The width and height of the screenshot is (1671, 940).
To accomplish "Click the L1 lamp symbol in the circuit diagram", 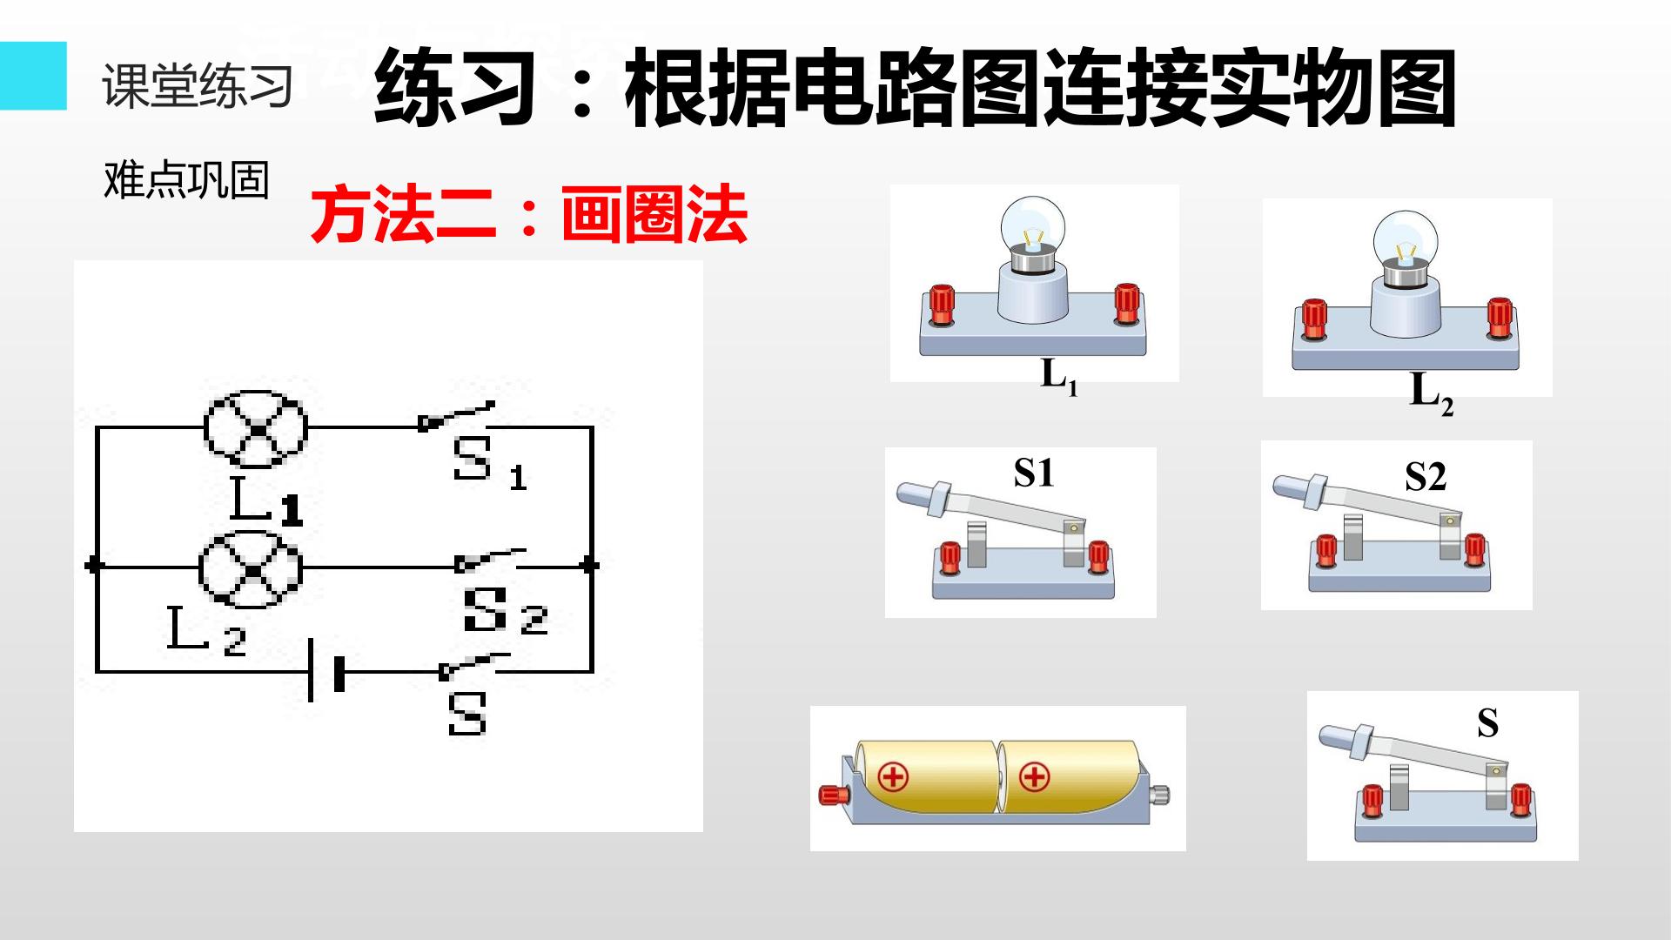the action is pos(256,429).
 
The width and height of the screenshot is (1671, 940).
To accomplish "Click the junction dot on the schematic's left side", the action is pos(95,566).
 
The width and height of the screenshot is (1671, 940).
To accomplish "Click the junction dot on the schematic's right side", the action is pos(591,565).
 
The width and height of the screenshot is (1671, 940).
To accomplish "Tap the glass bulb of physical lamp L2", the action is pos(1405,238).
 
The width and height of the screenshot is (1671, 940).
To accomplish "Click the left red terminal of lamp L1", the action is pos(941,305).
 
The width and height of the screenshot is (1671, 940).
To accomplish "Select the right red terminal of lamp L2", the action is pos(1500,319).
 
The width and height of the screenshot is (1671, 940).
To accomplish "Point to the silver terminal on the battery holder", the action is pos(1160,794).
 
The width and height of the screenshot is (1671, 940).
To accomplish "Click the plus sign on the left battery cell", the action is pos(893,776).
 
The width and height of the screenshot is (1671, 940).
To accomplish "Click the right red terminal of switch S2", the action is pos(1473,550).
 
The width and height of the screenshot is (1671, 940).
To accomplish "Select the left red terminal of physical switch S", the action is pos(1372,801).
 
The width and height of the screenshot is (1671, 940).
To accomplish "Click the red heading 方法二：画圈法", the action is pos(529,214).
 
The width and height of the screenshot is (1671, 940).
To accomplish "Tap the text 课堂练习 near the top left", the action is pos(198,86).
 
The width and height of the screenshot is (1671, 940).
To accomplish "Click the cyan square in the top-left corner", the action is pos(33,76).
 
